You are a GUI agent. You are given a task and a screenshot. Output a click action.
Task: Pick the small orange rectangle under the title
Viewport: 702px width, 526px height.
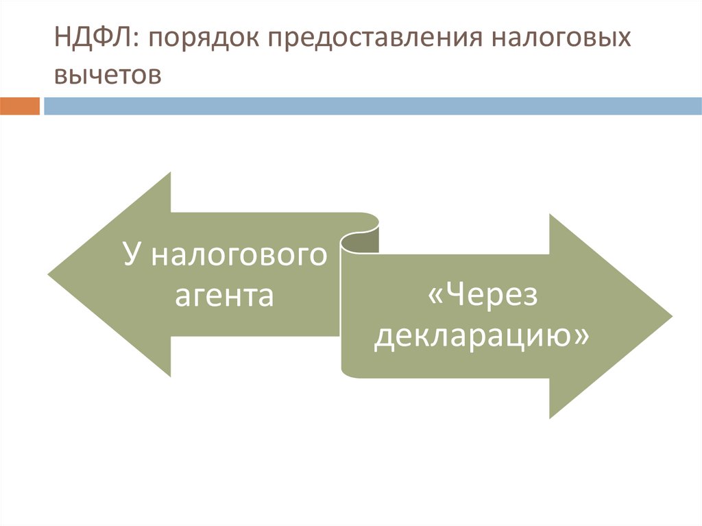[x=20, y=106]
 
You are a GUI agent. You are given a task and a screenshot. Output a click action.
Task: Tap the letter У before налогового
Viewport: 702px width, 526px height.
[x=132, y=254]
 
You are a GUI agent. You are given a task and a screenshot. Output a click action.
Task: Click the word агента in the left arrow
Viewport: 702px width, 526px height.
[x=224, y=296]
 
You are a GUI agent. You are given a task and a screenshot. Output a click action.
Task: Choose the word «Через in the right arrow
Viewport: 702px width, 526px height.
[x=483, y=297]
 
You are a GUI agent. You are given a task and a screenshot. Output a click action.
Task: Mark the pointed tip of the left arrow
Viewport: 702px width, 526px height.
[x=50, y=274]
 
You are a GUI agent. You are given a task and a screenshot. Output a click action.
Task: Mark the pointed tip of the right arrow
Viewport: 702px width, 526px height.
[x=670, y=316]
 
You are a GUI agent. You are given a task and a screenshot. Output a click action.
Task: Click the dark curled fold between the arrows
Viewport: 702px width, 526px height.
[x=361, y=241]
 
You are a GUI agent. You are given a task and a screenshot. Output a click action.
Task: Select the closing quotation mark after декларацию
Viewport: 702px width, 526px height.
[x=582, y=337]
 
